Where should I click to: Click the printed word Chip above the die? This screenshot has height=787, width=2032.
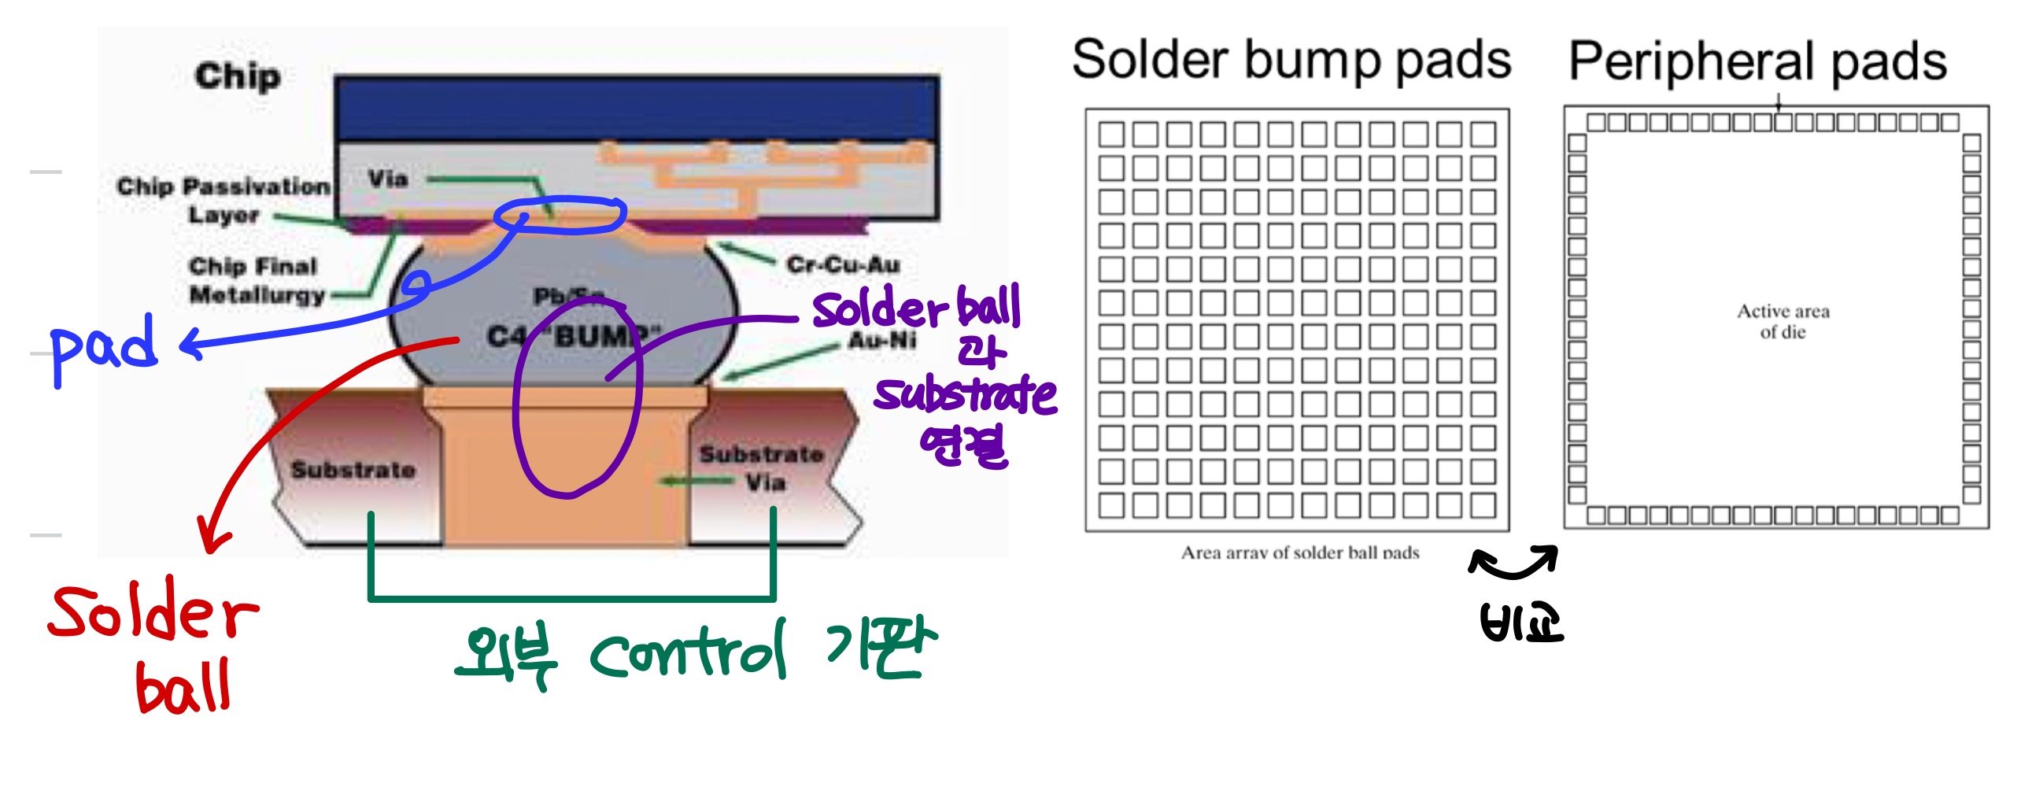[238, 76]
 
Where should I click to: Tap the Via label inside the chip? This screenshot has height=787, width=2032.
[388, 179]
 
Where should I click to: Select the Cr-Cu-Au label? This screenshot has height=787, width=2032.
[842, 264]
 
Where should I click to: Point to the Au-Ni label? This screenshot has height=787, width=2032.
[882, 341]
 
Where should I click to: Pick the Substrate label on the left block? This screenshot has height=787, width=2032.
[353, 470]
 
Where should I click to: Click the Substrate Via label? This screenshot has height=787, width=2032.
[761, 467]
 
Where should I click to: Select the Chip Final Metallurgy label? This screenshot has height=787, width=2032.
[256, 281]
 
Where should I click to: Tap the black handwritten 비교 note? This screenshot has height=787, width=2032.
[1520, 623]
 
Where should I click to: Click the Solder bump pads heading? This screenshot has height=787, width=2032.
[1291, 60]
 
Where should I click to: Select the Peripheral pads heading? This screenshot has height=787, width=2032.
[1757, 61]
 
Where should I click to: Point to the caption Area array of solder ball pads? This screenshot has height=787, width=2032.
[1299, 552]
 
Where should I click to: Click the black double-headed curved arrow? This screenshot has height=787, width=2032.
[1512, 560]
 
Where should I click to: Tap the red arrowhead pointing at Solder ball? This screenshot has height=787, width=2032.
[212, 537]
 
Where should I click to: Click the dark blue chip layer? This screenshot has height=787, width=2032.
[636, 108]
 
